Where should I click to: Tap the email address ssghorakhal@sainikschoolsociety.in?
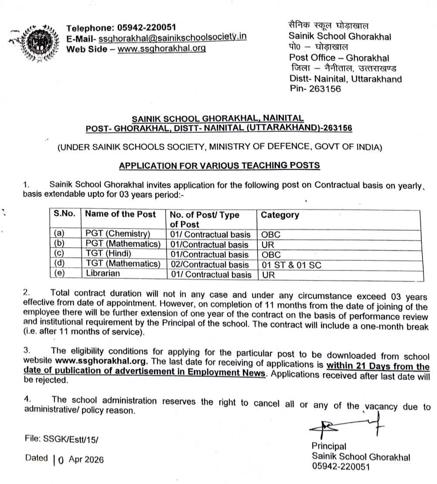172,38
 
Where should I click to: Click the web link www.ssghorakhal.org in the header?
162,48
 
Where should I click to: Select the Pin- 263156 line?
315,89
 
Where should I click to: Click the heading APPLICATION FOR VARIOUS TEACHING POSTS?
219,165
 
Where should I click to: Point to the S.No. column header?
65,214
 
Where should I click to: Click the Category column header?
280,215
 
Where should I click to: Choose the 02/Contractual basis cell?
209,265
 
